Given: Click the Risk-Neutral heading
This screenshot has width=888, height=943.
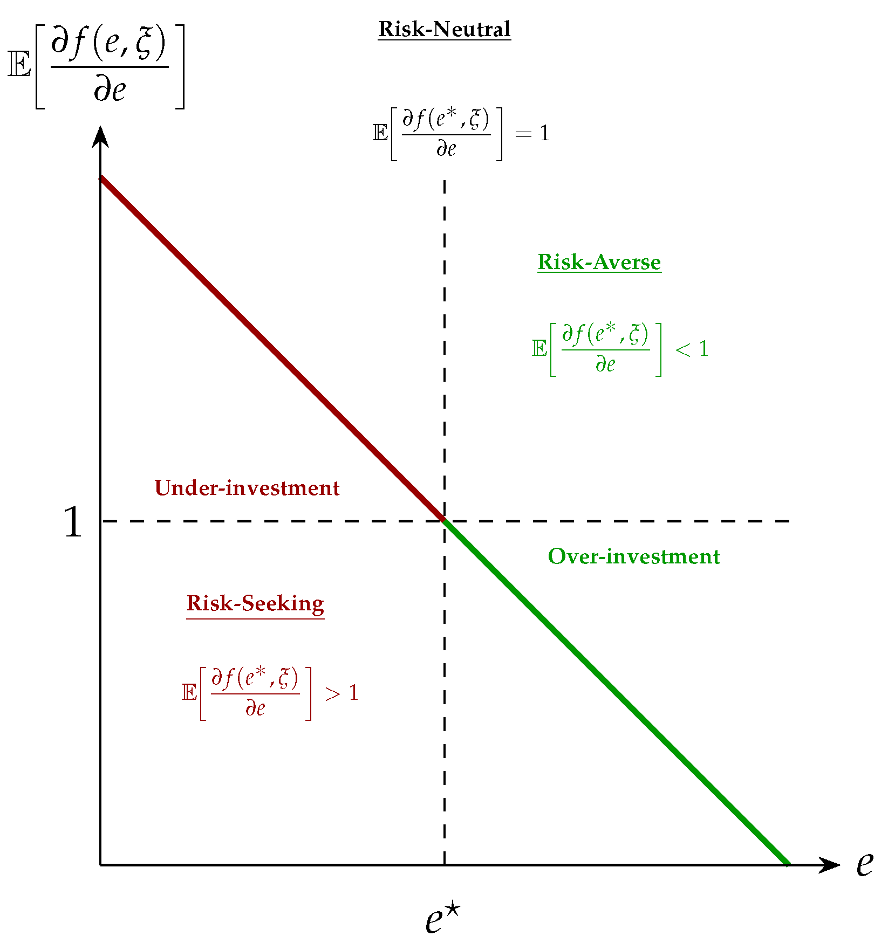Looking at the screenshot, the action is click(x=444, y=29).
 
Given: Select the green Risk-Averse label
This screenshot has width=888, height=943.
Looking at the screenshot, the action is click(x=599, y=263).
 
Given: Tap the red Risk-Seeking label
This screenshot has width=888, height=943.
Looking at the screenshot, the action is click(x=255, y=603).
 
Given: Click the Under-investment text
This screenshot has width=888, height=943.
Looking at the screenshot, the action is click(x=247, y=488).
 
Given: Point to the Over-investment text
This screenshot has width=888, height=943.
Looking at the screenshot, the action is click(x=634, y=556).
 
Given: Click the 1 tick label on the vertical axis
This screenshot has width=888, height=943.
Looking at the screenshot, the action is click(x=73, y=522).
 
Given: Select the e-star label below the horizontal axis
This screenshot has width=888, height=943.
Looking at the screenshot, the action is click(x=443, y=919).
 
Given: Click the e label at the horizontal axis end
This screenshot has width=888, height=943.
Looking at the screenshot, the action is click(x=864, y=864).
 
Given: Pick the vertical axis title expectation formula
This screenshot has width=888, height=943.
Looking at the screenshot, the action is click(x=96, y=66).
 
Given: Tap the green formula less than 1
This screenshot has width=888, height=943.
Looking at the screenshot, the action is click(x=619, y=349).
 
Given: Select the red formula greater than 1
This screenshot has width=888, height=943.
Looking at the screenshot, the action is click(x=270, y=693).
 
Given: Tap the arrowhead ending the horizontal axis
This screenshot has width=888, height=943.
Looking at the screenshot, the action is click(x=831, y=865).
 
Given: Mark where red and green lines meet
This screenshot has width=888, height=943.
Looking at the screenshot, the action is click(x=444, y=521).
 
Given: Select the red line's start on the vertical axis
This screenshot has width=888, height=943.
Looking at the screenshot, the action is click(x=101, y=178).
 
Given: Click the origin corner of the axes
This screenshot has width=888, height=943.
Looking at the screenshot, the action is click(x=100, y=865).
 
